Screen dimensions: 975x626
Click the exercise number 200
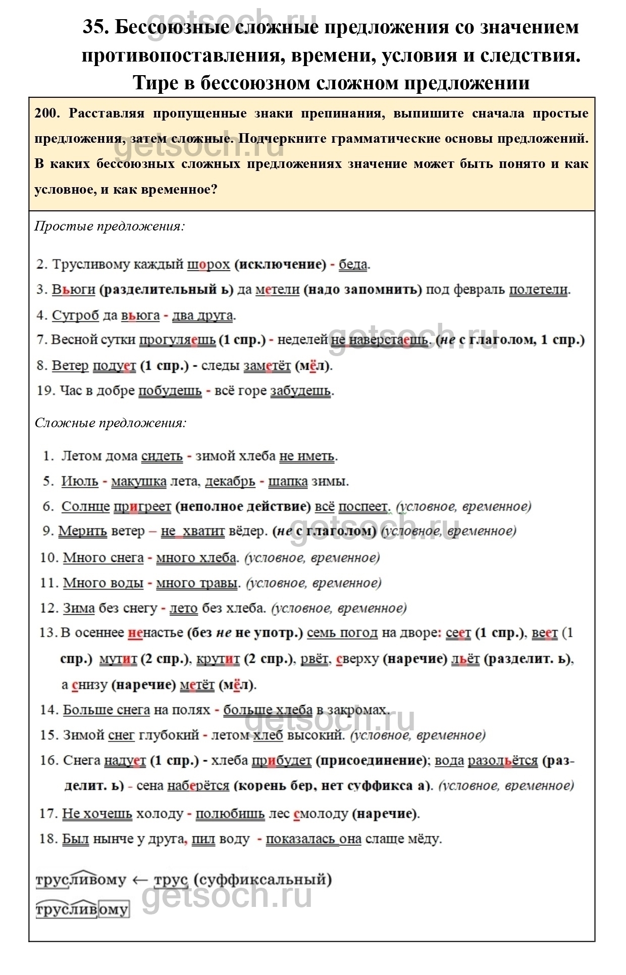(x=47, y=113)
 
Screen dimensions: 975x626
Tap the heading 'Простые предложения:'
(x=110, y=226)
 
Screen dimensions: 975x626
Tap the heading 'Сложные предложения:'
(x=111, y=423)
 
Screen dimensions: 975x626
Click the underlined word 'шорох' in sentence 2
(x=208, y=264)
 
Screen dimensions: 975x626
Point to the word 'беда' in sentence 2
(x=353, y=264)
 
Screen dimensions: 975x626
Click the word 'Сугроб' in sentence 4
(x=76, y=315)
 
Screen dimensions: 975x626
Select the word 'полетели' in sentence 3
(x=539, y=290)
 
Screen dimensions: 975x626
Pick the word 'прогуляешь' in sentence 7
(x=177, y=340)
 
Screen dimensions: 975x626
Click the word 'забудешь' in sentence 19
(x=301, y=391)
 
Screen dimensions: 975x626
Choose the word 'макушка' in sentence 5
(x=139, y=481)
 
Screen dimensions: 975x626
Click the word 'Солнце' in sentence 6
(x=85, y=506)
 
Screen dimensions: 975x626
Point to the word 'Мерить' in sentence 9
(x=83, y=531)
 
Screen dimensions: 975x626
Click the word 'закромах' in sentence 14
(x=353, y=710)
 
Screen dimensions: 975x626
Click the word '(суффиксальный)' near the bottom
(x=263, y=880)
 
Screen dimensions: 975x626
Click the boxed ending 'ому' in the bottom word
(x=114, y=909)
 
